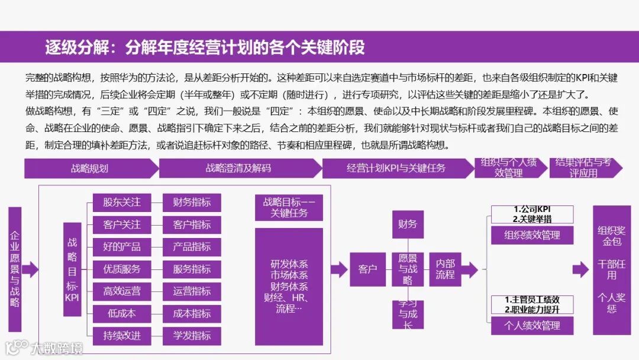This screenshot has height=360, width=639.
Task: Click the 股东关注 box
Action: click(122, 202)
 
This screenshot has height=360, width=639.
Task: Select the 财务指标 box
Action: click(192, 202)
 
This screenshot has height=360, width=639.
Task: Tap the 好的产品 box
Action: click(122, 247)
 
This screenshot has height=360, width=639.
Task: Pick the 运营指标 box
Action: click(192, 291)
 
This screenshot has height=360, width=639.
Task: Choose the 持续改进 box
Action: click(122, 336)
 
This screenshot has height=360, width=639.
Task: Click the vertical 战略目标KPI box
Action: click(72, 268)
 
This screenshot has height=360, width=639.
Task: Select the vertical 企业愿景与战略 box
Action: click(15, 269)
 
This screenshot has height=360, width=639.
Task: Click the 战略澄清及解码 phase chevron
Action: click(238, 168)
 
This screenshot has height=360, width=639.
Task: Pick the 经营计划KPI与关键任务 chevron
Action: click(396, 168)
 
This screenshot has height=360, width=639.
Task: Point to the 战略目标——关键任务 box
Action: click(289, 207)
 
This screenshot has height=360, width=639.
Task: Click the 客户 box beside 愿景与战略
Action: click(367, 269)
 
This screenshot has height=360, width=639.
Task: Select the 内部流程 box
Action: click(445, 269)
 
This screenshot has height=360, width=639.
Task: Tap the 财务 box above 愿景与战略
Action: click(407, 224)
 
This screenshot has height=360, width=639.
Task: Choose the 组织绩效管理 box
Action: click(532, 235)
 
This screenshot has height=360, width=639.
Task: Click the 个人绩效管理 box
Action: click(532, 325)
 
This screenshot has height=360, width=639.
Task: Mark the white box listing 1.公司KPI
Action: click(532, 214)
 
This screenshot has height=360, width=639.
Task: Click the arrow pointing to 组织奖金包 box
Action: click(580, 269)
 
